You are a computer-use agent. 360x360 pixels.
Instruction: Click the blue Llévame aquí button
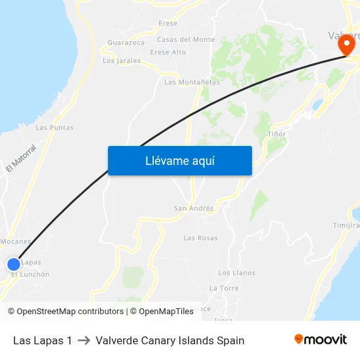[179, 160]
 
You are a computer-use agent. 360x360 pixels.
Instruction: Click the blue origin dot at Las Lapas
[14, 264]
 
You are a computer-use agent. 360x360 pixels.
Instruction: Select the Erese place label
[168, 24]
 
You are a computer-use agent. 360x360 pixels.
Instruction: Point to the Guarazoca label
[126, 43]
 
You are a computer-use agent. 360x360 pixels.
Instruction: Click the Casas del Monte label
[186, 40]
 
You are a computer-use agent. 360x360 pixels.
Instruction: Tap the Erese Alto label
[168, 52]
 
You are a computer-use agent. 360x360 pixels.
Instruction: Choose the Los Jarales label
[122, 61]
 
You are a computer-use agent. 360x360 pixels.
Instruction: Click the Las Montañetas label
[192, 82]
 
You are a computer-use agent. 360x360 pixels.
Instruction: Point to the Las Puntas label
[54, 128]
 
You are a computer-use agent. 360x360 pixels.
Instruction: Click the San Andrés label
[193, 209]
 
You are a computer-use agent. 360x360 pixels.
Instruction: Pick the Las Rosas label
[200, 238]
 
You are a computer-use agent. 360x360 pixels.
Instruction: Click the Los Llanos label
[236, 273]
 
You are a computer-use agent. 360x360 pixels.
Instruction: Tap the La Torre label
[224, 288]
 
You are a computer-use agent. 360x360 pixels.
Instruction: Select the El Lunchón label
[31, 275]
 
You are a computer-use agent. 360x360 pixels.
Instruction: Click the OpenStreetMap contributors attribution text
[69, 312]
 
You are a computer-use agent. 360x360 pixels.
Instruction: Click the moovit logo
[321, 340]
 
